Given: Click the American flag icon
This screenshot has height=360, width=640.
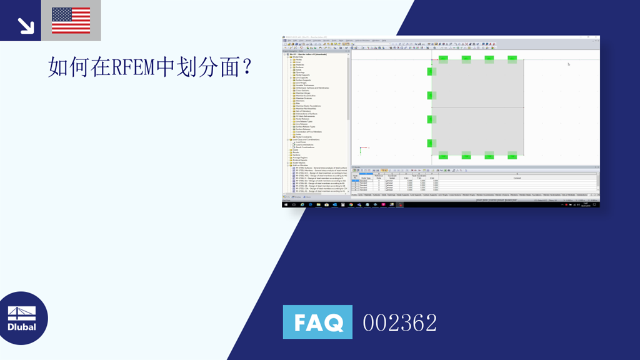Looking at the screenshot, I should coord(71,20).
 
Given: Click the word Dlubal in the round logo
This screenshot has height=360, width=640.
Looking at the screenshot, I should coord(22,326).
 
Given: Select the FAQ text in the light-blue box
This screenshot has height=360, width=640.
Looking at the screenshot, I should coord(317,322).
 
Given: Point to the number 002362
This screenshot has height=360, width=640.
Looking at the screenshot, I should coord(400,322).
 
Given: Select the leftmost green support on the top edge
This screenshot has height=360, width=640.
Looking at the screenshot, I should coord(444,59).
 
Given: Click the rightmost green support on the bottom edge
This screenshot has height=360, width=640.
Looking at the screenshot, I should coord(512,155).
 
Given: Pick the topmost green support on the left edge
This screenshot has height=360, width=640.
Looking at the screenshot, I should coord(430,71).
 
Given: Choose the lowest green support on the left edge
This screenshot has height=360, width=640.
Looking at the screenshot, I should coord(430,143).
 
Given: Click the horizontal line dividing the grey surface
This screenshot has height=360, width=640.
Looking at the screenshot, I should coord(477,107).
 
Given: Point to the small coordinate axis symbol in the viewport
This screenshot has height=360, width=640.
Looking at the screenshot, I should coord(361,149).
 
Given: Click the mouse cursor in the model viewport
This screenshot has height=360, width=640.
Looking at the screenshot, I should coord(568,64).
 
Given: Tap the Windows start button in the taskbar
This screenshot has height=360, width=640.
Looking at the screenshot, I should coord(286,204).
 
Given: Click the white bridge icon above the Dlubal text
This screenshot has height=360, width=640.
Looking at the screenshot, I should coord(22,312).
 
